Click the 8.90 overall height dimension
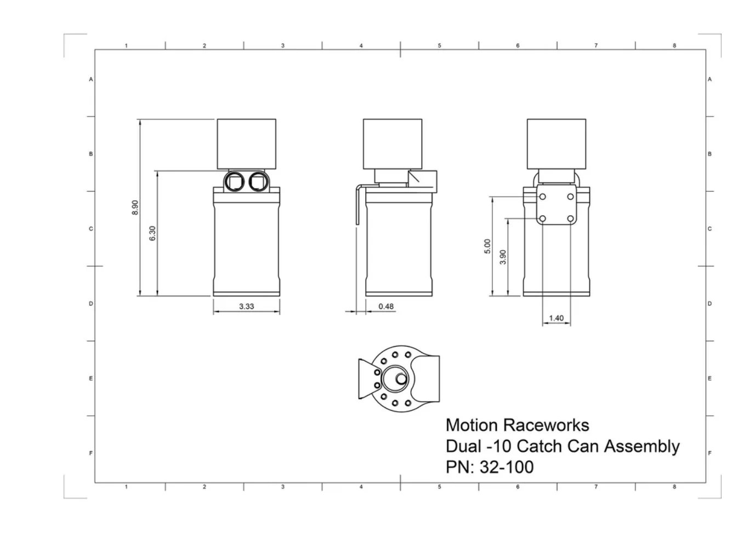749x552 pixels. point(135,207)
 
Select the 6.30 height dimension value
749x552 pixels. point(152,233)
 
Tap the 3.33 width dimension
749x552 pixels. point(246,306)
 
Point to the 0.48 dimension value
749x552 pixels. point(386,306)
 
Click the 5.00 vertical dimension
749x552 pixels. point(487,246)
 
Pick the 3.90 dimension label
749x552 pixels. point(503,256)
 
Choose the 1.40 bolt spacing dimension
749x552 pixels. point(556,318)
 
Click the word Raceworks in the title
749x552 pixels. point(546,426)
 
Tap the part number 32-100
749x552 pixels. point(506,467)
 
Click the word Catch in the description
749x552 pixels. point(539,446)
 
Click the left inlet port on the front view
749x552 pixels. point(236,181)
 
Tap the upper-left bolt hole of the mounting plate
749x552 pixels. point(542,197)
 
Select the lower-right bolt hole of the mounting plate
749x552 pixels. point(570,219)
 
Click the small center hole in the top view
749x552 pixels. point(401,378)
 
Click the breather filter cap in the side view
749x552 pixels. point(393,143)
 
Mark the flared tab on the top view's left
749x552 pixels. point(365,378)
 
